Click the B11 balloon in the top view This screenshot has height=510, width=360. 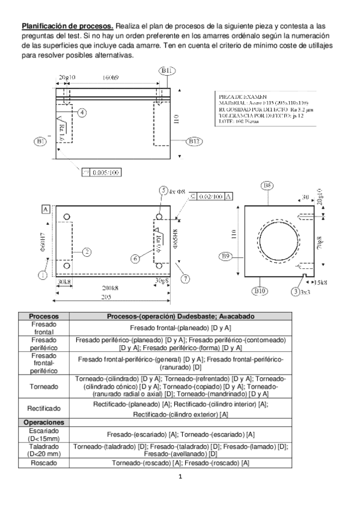[167, 72]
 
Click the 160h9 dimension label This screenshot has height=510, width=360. [110, 78]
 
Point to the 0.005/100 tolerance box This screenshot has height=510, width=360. [104, 173]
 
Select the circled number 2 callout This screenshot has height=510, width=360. [87, 252]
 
